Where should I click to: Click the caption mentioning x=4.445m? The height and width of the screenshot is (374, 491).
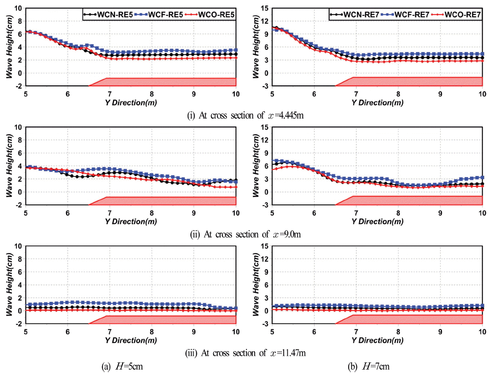point(246,115)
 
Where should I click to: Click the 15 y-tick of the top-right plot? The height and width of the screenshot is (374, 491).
point(265,8)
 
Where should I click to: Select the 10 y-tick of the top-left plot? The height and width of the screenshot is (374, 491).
point(18,8)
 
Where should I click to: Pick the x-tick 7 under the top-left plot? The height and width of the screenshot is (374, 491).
point(110,93)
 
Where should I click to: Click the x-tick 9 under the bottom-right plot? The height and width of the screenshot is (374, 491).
point(440,331)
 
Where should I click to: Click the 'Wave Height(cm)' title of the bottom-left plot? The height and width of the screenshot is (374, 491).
point(9,285)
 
